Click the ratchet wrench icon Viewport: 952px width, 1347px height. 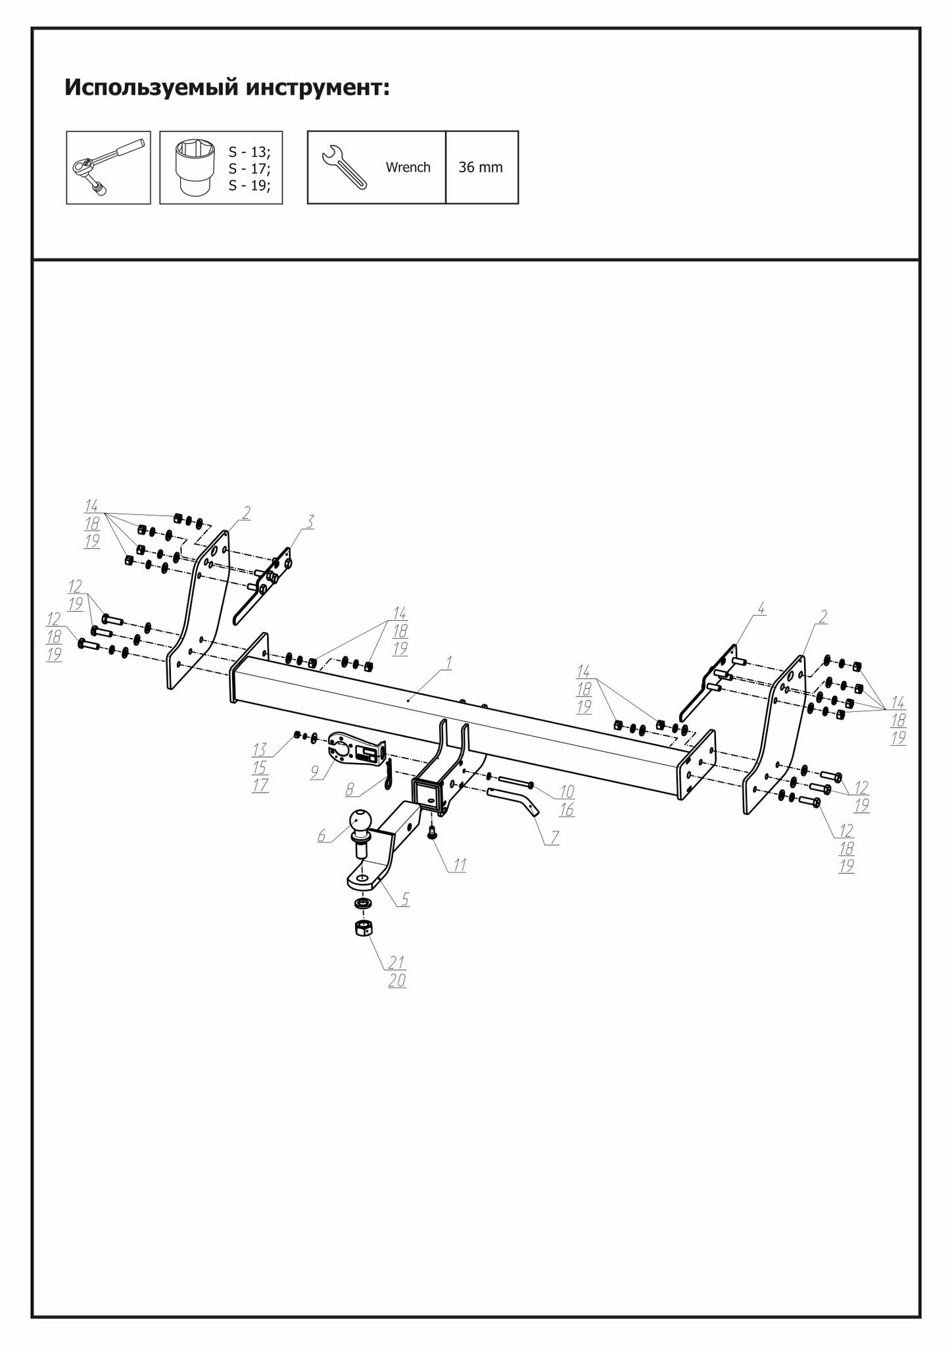pyautogui.click(x=108, y=167)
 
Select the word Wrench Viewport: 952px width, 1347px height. pyautogui.click(x=408, y=167)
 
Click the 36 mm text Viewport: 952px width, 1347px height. pyautogui.click(x=481, y=167)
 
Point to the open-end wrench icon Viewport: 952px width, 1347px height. pyautogui.click(x=343, y=167)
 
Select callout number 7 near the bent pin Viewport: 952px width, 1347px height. pyautogui.click(x=555, y=838)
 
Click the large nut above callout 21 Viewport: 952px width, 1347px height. pyautogui.click(x=364, y=929)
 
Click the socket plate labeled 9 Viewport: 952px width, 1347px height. pyautogui.click(x=354, y=748)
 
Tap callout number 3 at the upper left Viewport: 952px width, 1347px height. pyautogui.click(x=310, y=522)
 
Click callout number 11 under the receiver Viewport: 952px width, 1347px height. pyautogui.click(x=460, y=866)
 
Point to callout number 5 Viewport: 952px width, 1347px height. pyautogui.click(x=405, y=900)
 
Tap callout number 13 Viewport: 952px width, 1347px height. pyautogui.click(x=260, y=748)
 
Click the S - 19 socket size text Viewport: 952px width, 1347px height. pyautogui.click(x=249, y=185)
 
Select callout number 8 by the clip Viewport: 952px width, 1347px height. pyautogui.click(x=350, y=787)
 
